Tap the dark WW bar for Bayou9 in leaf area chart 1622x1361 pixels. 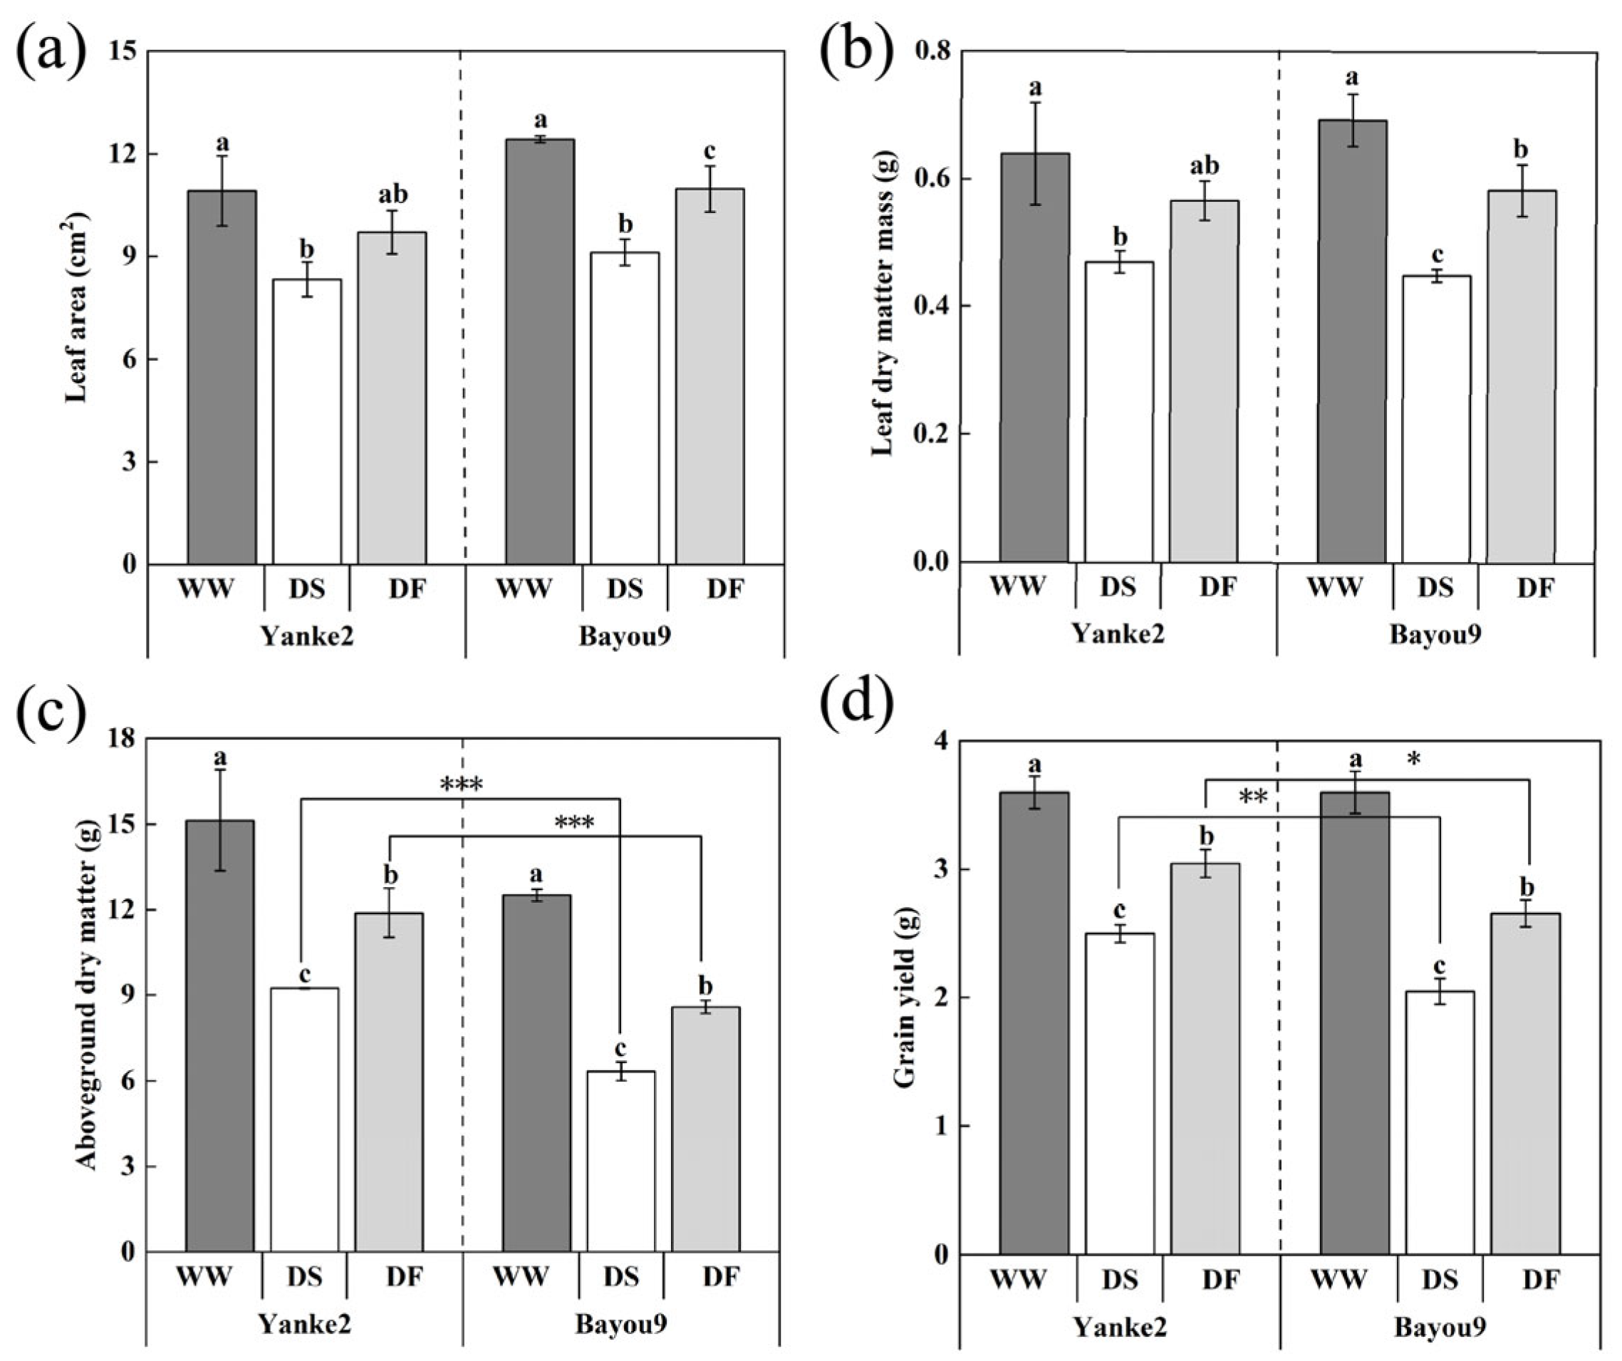pyautogui.click(x=540, y=351)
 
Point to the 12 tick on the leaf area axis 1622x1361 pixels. pyautogui.click(x=125, y=154)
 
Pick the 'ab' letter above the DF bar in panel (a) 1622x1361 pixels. pyautogui.click(x=392, y=194)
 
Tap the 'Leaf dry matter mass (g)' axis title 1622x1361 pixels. pyautogui.click(x=882, y=309)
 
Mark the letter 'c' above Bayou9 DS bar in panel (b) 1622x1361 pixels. pyautogui.click(x=1437, y=255)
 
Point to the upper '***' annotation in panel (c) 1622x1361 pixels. pyautogui.click(x=460, y=785)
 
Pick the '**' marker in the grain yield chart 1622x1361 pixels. pyautogui.click(x=1253, y=797)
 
